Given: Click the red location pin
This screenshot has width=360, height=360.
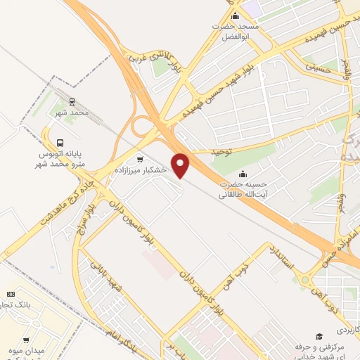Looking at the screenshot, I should pos(181,165).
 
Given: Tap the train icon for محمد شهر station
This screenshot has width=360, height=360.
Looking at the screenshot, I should pos(72,101).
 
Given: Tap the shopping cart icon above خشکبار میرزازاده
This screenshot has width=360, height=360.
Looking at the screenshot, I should pos(139,160).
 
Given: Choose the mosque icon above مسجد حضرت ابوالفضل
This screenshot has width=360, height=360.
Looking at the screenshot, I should pos(235,16).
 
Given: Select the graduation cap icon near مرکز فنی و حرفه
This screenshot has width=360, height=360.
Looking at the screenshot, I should pos(319,337).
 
